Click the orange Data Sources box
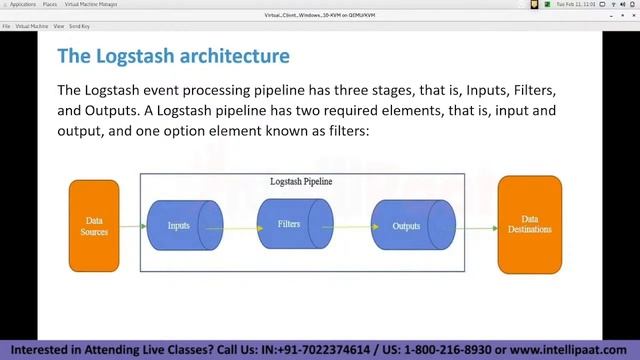[94, 226]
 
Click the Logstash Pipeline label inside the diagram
[301, 182]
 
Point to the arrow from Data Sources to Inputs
[133, 229]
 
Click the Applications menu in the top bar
[22, 5]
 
